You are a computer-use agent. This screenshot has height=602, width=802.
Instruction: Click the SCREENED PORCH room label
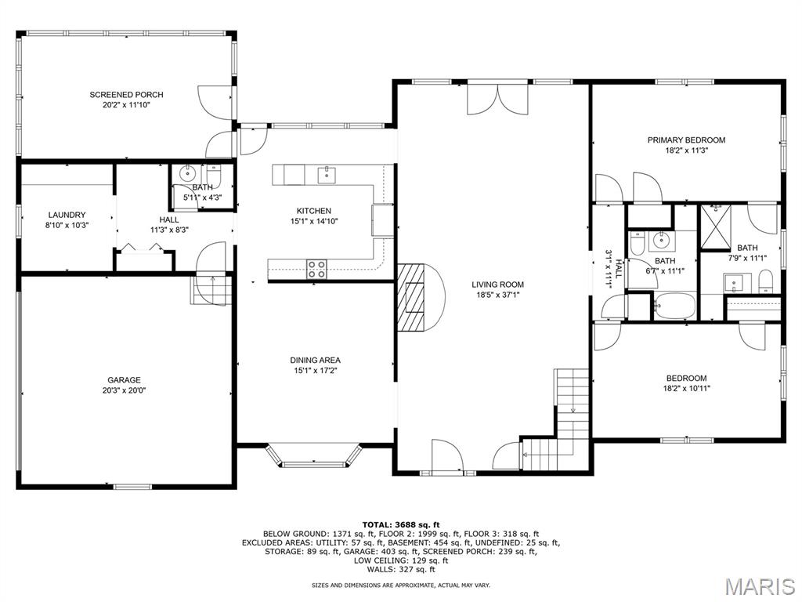click(126, 95)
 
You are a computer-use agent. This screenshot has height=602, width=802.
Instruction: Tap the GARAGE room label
click(124, 380)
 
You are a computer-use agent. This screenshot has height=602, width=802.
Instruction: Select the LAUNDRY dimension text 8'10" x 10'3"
click(67, 225)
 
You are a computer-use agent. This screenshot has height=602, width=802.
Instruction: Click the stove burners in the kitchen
click(316, 270)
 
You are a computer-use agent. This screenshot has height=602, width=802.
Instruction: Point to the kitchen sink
click(327, 175)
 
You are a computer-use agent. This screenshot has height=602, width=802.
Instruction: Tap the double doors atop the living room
click(497, 98)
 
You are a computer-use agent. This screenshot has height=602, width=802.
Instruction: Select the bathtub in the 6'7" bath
click(674, 306)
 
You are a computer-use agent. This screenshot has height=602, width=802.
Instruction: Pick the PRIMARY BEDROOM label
click(686, 140)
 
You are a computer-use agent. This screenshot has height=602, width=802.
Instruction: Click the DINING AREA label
click(315, 360)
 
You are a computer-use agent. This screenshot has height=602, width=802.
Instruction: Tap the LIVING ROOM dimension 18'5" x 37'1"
click(497, 295)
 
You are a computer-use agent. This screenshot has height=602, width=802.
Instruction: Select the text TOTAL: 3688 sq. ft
click(401, 524)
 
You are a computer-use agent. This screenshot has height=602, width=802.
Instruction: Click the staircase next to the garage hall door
click(211, 290)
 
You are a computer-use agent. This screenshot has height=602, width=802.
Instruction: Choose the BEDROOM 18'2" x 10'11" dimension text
click(686, 388)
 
